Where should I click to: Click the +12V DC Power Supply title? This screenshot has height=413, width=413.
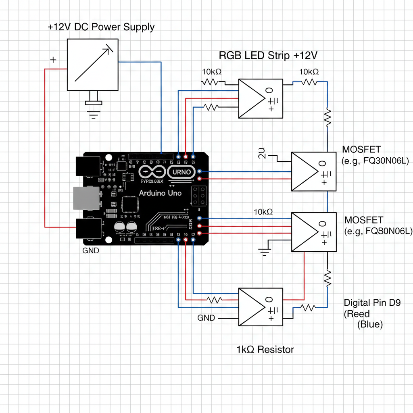(x=101, y=27)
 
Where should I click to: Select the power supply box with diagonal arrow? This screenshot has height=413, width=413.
(x=92, y=65)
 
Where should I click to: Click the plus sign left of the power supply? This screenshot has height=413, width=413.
(x=53, y=60)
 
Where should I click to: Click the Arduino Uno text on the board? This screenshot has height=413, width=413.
(x=160, y=193)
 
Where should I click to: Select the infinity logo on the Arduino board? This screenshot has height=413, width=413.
(x=152, y=172)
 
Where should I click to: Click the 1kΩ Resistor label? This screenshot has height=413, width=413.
(x=265, y=349)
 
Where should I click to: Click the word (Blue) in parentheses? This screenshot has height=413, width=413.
(x=370, y=324)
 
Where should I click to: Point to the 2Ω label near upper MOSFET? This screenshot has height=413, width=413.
(x=262, y=154)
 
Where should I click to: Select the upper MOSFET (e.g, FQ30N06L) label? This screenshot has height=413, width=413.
(x=375, y=155)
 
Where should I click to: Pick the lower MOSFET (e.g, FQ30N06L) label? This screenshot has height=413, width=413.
(x=378, y=226)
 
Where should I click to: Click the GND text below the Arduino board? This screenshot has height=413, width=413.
(x=90, y=250)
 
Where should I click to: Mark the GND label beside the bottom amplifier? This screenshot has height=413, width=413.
(x=206, y=318)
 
